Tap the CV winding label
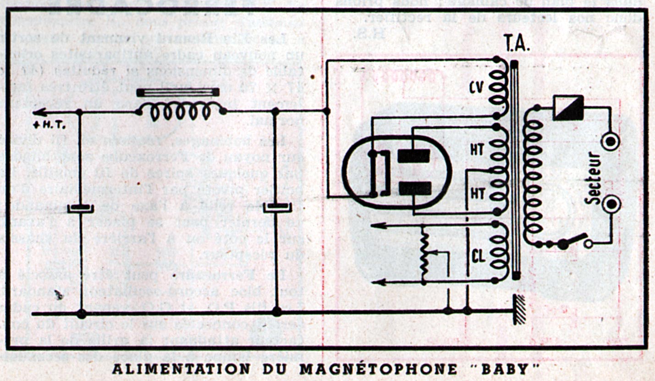(x=477, y=87)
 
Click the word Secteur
(x=595, y=178)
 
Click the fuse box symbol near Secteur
(x=568, y=108)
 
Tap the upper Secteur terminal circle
(x=611, y=141)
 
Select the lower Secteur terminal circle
(x=611, y=203)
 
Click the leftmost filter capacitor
(x=81, y=209)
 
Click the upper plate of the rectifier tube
(x=414, y=156)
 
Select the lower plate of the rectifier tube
(x=414, y=188)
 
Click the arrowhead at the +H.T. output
(x=38, y=112)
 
